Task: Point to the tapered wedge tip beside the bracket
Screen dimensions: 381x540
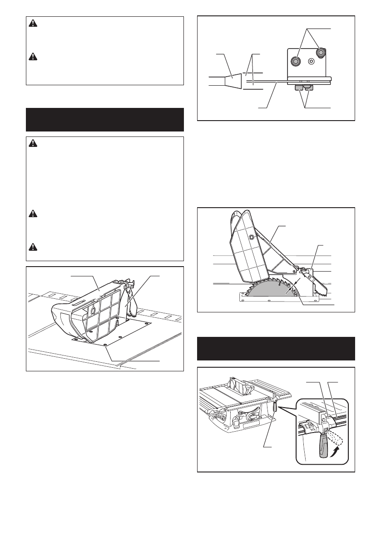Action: pyautogui.click(x=234, y=82)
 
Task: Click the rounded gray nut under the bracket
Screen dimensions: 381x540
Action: pyautogui.click(x=309, y=86)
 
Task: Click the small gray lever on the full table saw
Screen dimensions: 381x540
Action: pyautogui.click(x=275, y=406)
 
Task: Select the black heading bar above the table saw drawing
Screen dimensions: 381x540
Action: pyautogui.click(x=276, y=348)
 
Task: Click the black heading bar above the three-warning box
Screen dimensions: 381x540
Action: pyautogui.click(x=105, y=119)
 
